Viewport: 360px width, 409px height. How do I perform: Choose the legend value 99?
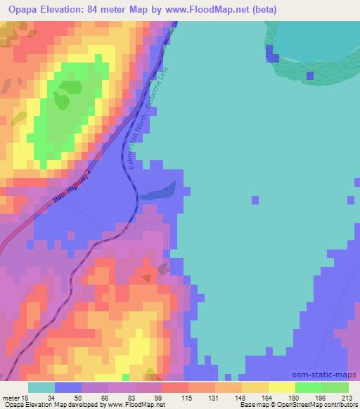[161, 398]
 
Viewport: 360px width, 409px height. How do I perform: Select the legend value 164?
[269, 398]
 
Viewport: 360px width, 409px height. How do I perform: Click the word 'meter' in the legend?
[10, 398]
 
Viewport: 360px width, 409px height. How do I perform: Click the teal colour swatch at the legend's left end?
[41, 387]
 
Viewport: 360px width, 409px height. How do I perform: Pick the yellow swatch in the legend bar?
[282, 387]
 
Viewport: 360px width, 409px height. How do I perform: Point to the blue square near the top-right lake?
[270, 52]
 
